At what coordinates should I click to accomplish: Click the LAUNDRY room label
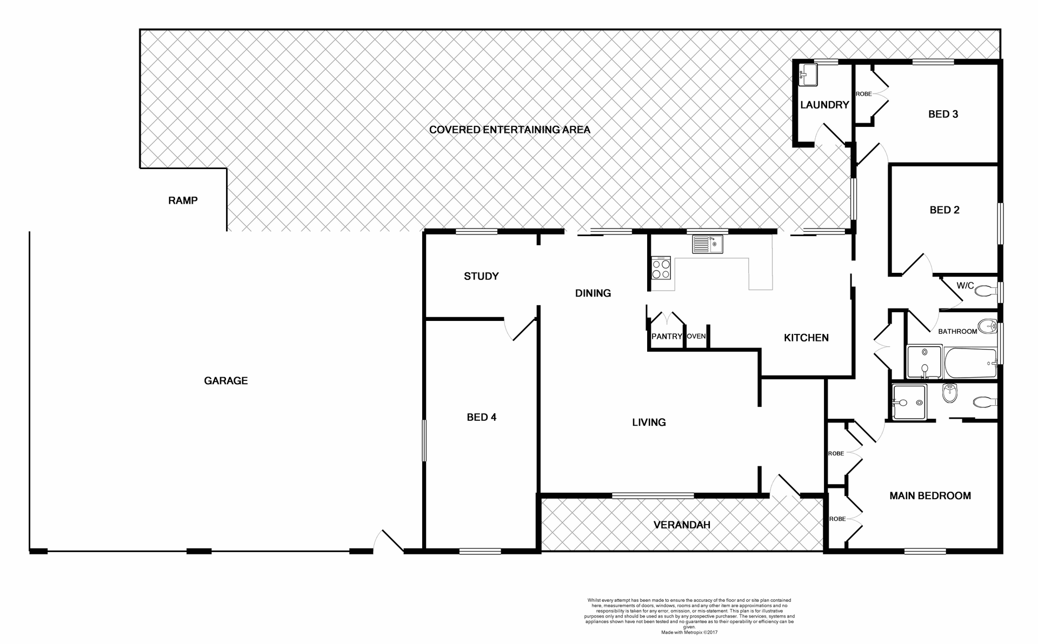point(824,105)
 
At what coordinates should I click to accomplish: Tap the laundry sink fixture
point(808,75)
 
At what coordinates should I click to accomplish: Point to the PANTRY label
point(666,337)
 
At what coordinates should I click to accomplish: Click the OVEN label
point(696,337)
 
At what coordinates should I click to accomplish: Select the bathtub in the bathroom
point(970,364)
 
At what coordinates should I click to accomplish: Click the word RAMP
point(183,200)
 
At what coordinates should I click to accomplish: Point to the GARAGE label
point(225,381)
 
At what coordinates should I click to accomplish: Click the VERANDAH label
point(681,525)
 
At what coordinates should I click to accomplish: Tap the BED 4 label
point(481,417)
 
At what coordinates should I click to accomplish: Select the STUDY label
point(481,277)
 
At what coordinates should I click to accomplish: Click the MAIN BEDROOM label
point(930,496)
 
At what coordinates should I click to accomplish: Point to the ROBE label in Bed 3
point(863,94)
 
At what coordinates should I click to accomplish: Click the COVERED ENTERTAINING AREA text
point(509,130)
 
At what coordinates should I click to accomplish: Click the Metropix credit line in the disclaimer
point(689,632)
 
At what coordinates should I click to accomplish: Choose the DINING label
point(593,293)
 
